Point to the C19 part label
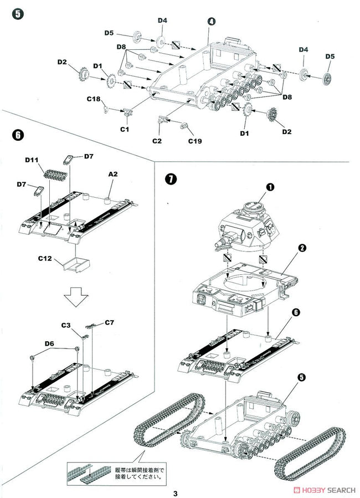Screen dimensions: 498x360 point(194,141)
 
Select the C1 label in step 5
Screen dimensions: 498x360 point(124,129)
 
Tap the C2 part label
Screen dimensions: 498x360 point(157,141)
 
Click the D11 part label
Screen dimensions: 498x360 point(31,160)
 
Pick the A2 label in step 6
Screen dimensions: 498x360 point(112,174)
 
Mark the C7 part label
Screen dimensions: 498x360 point(109,322)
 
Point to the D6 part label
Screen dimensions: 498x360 point(49,343)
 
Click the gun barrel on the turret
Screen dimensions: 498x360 point(219,242)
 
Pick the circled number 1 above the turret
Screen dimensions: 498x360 point(270,187)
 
